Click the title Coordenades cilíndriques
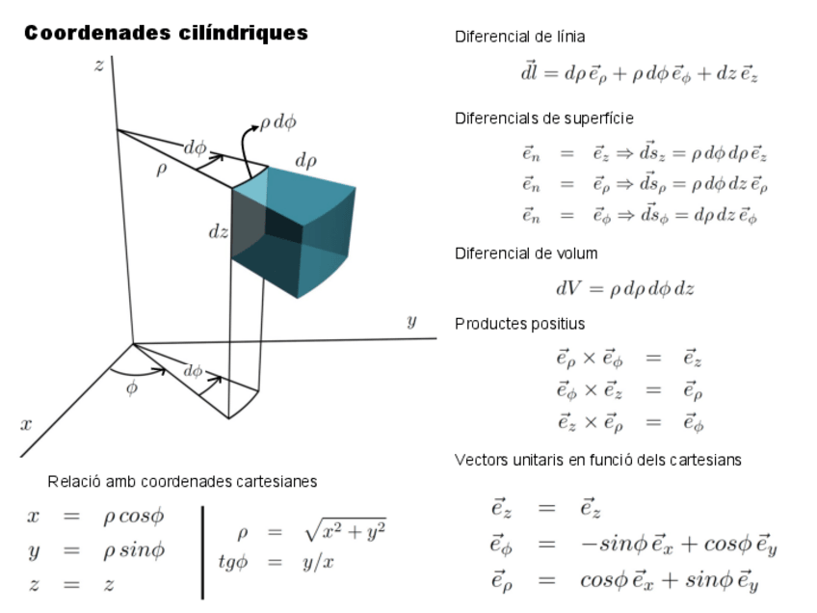coord(166,34)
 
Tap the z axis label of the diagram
coord(98,66)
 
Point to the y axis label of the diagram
coord(411,322)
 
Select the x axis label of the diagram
coord(26,424)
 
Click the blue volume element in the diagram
coord(299,231)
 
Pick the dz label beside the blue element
coord(219,232)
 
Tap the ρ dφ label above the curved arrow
coord(278,122)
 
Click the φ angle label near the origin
coord(132,388)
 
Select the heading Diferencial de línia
coord(519,37)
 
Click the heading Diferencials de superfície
coord(544,119)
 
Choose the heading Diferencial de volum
coord(526,253)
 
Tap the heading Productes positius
coord(519,324)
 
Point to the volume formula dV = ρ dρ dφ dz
coord(624,288)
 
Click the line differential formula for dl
coord(639,73)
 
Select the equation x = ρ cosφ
coord(95,517)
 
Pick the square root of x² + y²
coord(344,531)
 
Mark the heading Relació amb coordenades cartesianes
coord(182,481)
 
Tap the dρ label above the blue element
coord(305,161)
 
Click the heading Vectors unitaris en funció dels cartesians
coord(597,460)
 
